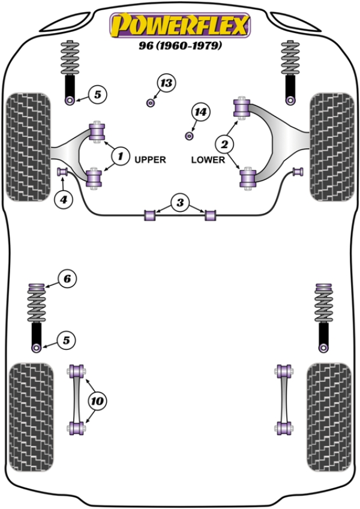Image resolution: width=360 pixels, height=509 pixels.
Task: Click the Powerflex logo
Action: pos(179,25)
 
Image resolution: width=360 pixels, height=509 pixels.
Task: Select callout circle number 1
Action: pos(120,157)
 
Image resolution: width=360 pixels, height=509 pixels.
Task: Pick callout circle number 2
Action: pos(225,144)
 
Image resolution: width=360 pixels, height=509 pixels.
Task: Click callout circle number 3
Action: pos(180,203)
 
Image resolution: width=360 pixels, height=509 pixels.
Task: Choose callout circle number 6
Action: pos(67,278)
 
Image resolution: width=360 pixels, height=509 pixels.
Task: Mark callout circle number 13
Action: pos(166,83)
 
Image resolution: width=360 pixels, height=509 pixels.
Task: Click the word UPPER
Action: pos(150,160)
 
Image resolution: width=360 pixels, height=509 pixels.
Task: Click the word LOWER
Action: pos(208,160)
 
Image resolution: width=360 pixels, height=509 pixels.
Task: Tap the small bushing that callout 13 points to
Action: pos(151,103)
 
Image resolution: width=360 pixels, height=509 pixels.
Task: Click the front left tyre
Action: pos(28,145)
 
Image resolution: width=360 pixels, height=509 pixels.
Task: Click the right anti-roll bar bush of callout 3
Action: pos(210,214)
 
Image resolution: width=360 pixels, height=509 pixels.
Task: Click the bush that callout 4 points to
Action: pos(61,173)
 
